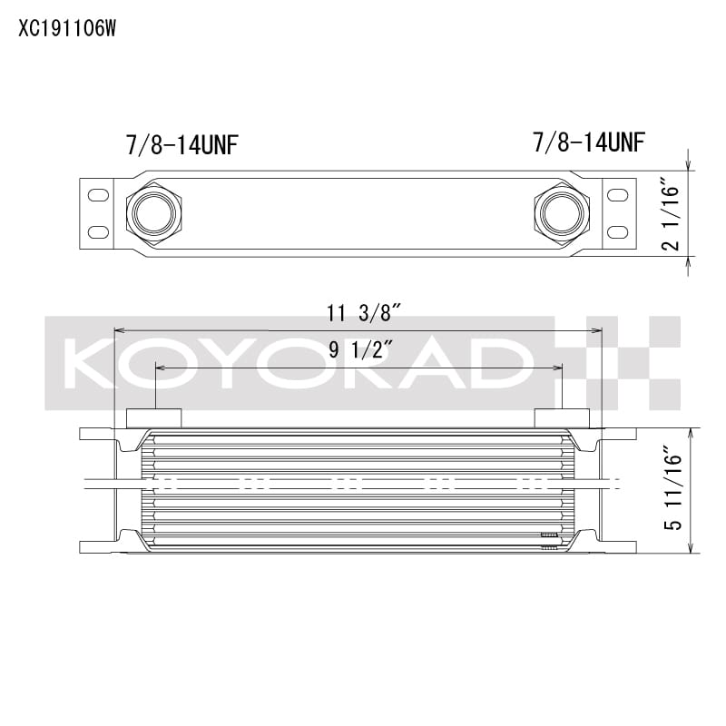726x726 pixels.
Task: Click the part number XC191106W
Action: (67, 28)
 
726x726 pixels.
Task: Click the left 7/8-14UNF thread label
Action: (181, 144)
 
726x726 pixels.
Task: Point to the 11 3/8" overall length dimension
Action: (363, 314)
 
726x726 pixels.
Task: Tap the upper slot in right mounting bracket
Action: (615, 195)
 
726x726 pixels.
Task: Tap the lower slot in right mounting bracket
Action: (615, 232)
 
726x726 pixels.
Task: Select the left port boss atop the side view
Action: (153, 417)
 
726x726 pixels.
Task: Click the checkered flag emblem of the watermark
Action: (631, 362)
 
